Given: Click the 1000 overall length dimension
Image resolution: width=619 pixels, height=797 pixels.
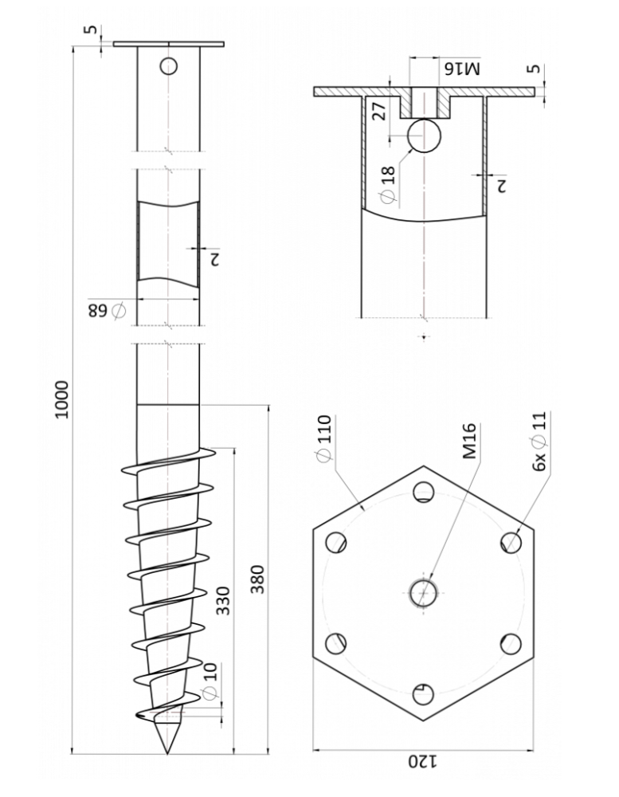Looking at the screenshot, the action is click(x=62, y=399).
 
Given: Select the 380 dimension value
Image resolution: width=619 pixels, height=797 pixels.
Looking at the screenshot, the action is click(x=257, y=579).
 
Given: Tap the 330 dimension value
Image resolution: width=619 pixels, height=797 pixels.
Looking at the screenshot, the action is click(x=223, y=600).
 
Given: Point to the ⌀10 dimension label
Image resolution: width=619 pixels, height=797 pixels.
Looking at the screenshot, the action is click(x=210, y=681).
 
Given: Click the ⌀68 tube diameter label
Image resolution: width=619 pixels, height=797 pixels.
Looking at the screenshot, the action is click(x=107, y=309).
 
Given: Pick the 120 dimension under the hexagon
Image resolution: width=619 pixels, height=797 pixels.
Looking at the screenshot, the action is click(x=423, y=761).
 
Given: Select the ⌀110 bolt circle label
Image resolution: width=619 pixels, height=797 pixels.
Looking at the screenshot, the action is click(x=323, y=438).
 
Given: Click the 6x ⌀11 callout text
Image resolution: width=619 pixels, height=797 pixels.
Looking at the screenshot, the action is click(x=539, y=442).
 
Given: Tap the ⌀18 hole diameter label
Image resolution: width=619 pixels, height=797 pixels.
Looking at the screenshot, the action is click(x=387, y=185).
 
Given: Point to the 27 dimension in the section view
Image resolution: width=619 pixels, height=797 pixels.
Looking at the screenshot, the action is click(x=379, y=110).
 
